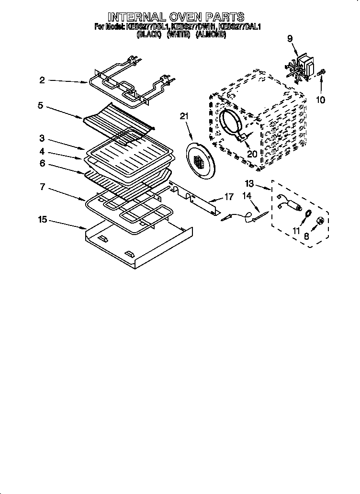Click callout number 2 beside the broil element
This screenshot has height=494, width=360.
(x=42, y=80)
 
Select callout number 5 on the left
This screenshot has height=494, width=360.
(x=40, y=105)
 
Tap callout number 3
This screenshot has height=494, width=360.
(x=42, y=139)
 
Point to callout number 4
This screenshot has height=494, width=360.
(x=42, y=151)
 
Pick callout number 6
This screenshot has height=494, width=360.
(x=42, y=163)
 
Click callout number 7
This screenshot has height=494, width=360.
(x=42, y=187)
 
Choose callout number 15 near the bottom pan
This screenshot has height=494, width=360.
(x=43, y=220)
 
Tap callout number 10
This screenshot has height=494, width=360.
(x=320, y=100)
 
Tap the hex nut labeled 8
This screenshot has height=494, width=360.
(x=321, y=221)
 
